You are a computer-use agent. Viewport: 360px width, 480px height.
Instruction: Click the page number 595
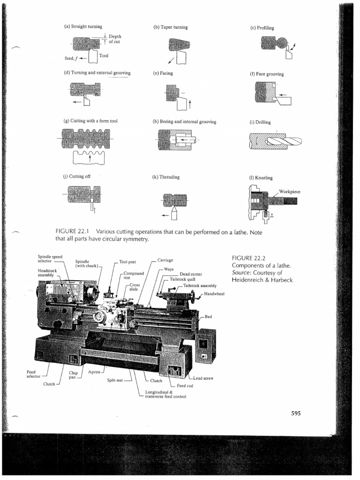(x=295, y=413)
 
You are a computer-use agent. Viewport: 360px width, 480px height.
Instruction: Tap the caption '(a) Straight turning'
(x=83, y=27)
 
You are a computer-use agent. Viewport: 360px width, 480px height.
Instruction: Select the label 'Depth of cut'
(x=114, y=39)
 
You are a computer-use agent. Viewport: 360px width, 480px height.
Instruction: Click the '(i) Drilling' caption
(x=261, y=122)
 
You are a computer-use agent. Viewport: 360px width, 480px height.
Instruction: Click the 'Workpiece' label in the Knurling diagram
(x=290, y=192)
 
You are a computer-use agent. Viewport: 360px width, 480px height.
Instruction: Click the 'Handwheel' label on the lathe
(x=214, y=294)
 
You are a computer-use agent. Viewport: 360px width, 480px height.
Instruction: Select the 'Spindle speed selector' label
(x=50, y=259)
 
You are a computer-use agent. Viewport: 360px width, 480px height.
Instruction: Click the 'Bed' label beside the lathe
(x=209, y=317)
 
